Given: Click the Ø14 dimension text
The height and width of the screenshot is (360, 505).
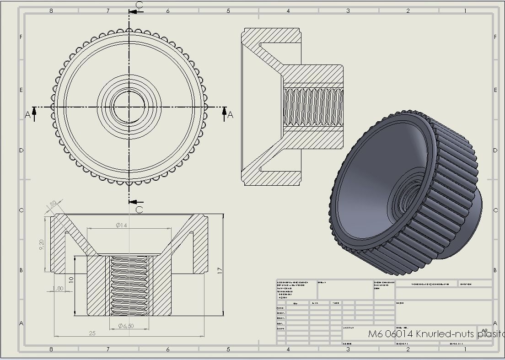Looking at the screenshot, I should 122,225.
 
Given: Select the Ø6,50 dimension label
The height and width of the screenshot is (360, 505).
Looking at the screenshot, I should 126,326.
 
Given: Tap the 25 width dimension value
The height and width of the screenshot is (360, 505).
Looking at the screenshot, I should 92,333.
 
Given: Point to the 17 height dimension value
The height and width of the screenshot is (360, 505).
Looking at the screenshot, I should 220,270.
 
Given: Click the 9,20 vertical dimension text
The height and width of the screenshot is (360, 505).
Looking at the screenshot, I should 42,245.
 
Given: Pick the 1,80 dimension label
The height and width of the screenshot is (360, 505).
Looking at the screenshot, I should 58,289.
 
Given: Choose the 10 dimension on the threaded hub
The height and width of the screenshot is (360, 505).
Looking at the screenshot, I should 70,279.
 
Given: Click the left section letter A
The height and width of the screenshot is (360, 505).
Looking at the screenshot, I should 28,115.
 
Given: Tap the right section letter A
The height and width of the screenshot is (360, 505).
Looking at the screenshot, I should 230,115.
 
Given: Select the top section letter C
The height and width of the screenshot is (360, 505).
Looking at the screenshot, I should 140,5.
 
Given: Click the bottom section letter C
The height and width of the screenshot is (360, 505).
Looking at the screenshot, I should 140,210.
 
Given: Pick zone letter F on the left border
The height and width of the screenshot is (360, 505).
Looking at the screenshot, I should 21,37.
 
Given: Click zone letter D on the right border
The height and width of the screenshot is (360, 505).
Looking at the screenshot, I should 495,150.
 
